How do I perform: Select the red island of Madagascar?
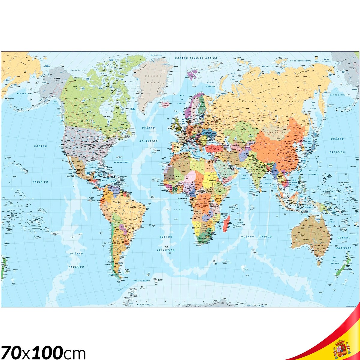pyautogui.click(x=226, y=223)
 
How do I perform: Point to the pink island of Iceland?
pyautogui.click(x=165, y=104)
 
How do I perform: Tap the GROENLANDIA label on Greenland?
pyautogui.click(x=153, y=76)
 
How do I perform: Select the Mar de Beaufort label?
pyautogui.click(x=79, y=70)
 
